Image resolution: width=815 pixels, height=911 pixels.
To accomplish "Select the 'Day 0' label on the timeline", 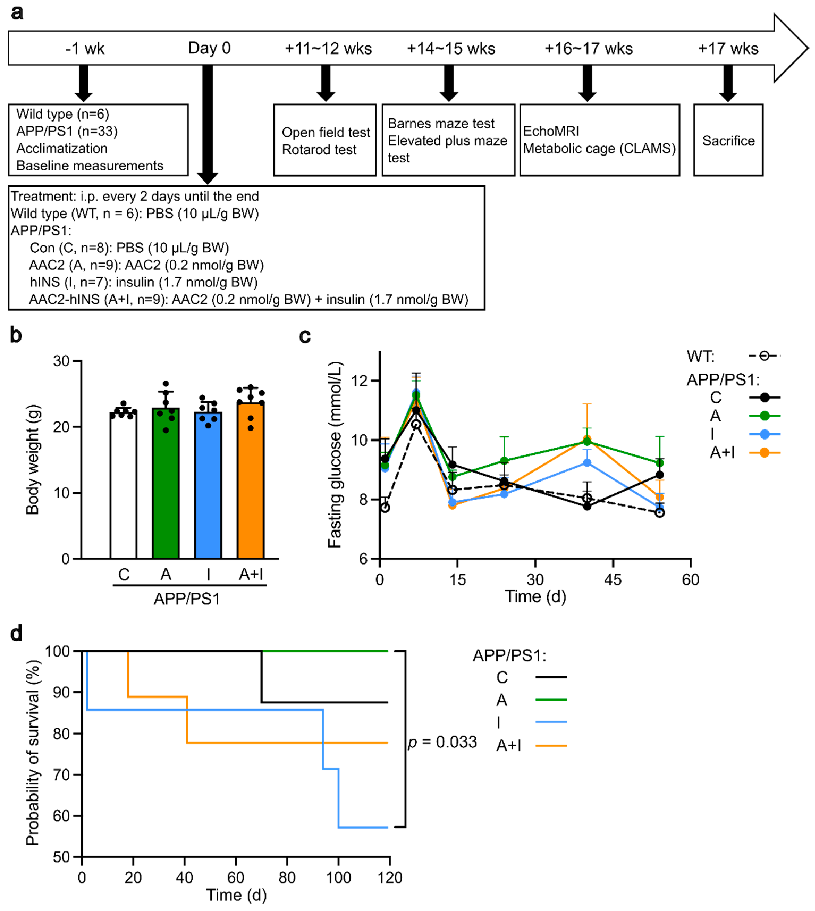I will tap(209, 48).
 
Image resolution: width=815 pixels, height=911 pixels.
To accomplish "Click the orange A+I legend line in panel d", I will tap(551, 746).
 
